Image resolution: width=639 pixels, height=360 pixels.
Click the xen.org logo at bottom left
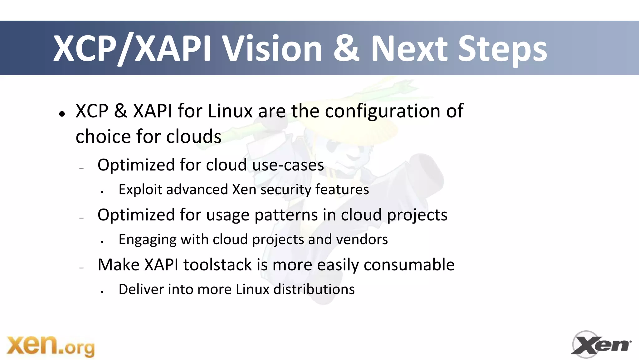click(x=51, y=346)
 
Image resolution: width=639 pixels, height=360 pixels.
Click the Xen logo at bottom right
click(x=601, y=345)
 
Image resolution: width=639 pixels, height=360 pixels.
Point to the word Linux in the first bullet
click(x=230, y=111)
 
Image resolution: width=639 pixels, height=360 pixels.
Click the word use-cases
click(x=288, y=165)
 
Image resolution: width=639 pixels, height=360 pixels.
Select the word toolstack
click(x=217, y=265)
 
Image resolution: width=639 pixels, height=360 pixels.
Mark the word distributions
click(x=314, y=289)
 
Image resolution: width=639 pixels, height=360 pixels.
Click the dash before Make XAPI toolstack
click(x=82, y=268)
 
